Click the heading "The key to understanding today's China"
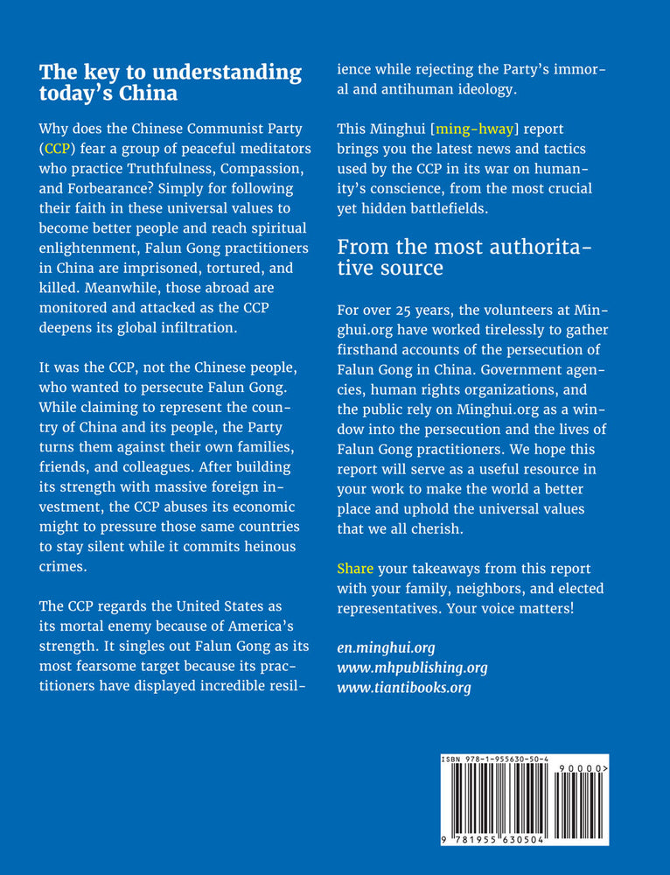tap(171, 82)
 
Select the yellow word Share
tap(355, 569)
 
